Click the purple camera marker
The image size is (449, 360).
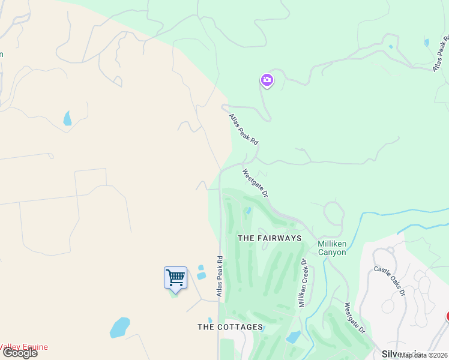pos(267,80)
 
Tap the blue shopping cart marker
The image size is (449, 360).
pos(175,278)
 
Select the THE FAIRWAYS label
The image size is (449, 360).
pos(270,238)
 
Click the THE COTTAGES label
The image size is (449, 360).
pos(231,327)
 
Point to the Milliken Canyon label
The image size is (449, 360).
pos(332,248)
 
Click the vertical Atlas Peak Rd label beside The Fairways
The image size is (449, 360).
pos(220,277)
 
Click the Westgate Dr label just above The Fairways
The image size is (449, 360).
pos(255,184)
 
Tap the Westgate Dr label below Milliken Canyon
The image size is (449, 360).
pos(355,318)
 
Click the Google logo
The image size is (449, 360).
pos(20,353)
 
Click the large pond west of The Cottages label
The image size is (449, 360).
pos(119,328)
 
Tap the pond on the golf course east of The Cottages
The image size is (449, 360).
pos(294,337)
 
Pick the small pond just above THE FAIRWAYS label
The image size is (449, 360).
pos(249,211)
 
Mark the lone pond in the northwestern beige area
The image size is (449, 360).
pos(67,118)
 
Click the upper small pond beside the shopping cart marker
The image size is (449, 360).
pos(200,268)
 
